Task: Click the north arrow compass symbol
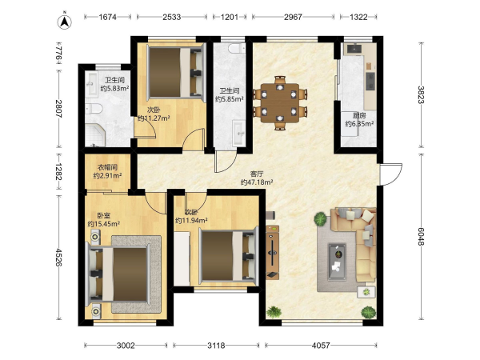click(x=64, y=22)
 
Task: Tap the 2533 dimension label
click(x=171, y=17)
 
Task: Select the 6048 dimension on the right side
click(x=422, y=236)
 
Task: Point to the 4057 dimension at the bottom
click(x=321, y=346)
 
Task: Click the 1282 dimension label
click(x=58, y=172)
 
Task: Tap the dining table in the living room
click(x=280, y=103)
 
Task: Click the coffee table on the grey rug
click(x=337, y=262)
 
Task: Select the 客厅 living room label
click(x=257, y=174)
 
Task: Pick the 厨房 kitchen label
click(x=359, y=115)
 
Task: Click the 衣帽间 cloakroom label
click(x=107, y=167)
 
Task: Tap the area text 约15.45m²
click(x=103, y=224)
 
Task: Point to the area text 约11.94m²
click(x=191, y=221)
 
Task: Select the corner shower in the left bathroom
click(x=95, y=134)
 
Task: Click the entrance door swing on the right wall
click(x=390, y=174)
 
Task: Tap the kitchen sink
click(x=354, y=49)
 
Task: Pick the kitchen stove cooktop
click(x=370, y=81)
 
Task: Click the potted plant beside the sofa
click(x=321, y=219)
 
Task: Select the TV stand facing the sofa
click(x=272, y=253)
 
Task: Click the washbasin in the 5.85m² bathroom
click(x=238, y=133)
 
